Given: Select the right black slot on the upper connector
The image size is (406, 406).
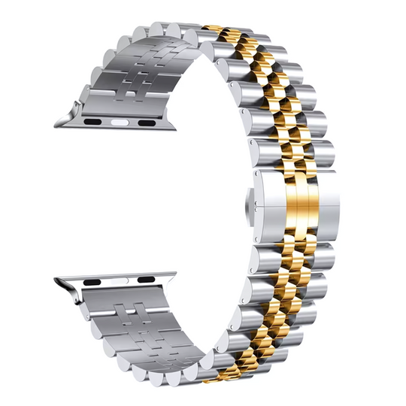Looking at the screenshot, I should coord(147,122).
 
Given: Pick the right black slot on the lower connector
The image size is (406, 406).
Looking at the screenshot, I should coord(146,279).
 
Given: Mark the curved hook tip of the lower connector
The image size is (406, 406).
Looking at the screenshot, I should coord(60,283).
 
